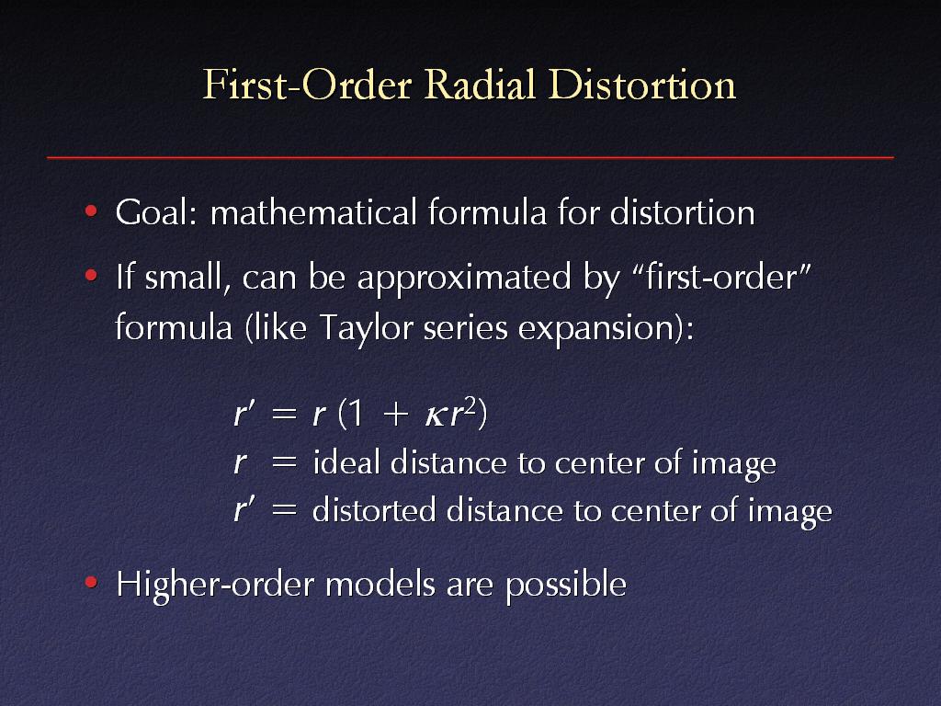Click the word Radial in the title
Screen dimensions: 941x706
(x=480, y=85)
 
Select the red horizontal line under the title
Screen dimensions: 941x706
(x=470, y=157)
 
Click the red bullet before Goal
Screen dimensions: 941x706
(x=91, y=211)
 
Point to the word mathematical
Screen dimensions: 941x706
(x=313, y=212)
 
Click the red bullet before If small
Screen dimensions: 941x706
(x=91, y=276)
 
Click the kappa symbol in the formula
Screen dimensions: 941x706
(x=435, y=416)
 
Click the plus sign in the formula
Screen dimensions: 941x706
(x=395, y=415)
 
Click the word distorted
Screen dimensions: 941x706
(x=374, y=511)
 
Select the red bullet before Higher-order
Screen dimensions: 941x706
(x=91, y=582)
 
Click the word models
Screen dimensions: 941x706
(x=380, y=584)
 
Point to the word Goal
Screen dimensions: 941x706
(x=156, y=212)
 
